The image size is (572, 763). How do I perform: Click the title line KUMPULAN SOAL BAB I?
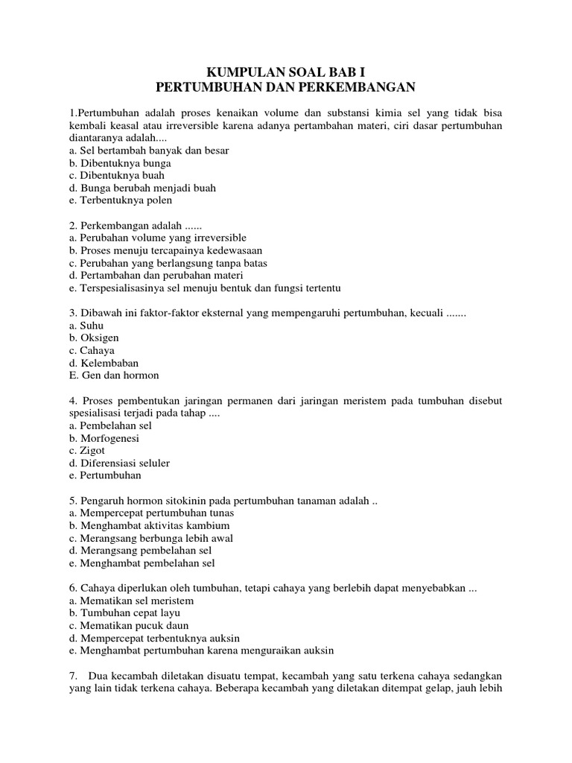pyautogui.click(x=286, y=73)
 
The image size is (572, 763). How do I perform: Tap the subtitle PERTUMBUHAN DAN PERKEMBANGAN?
pyautogui.click(x=286, y=87)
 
